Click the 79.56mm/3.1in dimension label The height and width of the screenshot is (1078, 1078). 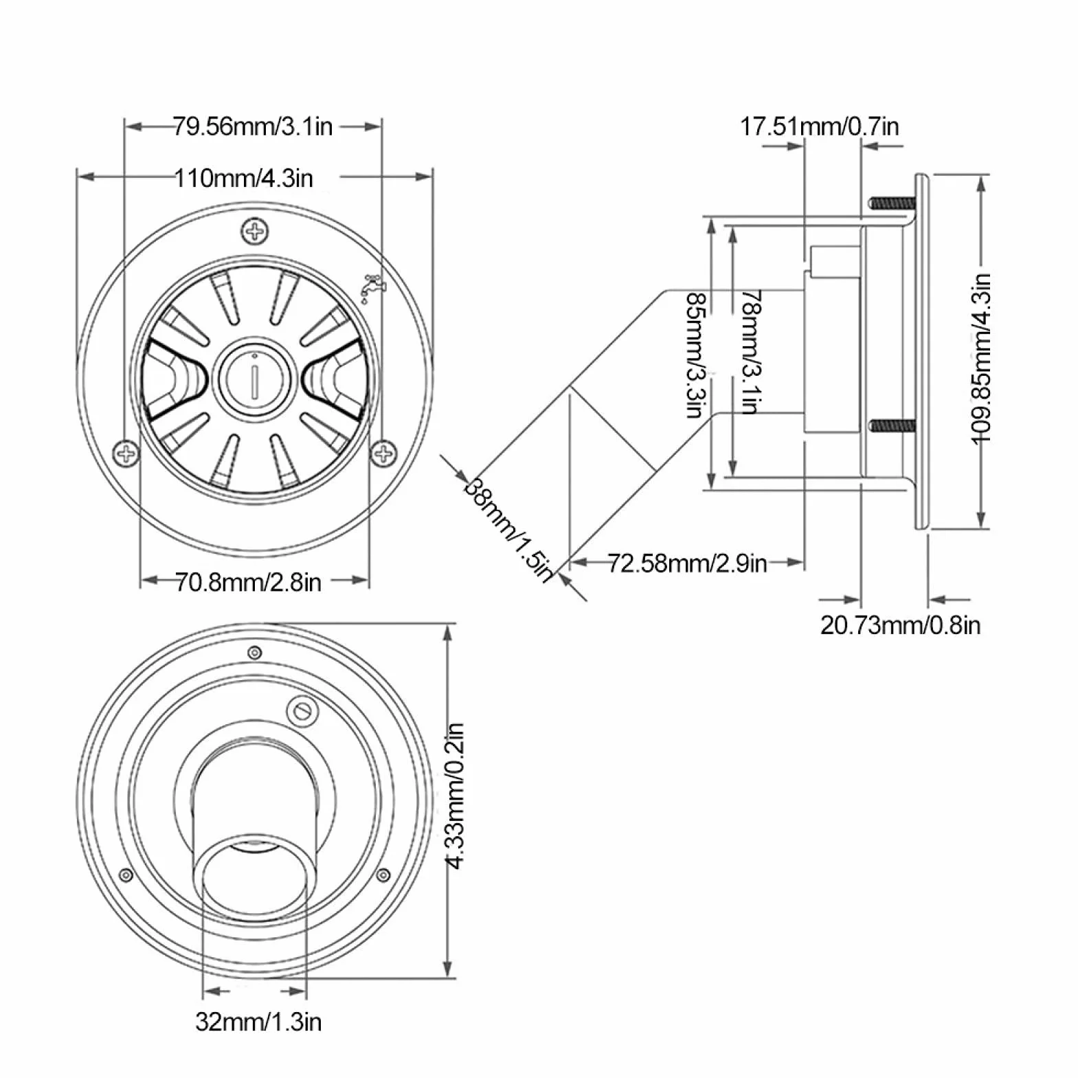tap(252, 126)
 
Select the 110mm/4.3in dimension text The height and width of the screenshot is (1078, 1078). tap(243, 178)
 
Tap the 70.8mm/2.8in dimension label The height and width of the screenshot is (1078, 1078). tap(248, 583)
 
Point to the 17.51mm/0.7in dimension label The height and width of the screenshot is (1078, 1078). tap(819, 126)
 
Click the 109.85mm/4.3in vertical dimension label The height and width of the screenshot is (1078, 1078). tap(982, 359)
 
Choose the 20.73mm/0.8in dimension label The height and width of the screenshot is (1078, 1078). tap(900, 625)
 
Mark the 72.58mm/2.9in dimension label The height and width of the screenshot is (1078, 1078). tap(687, 563)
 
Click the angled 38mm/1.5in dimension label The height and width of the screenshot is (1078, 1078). tap(509, 529)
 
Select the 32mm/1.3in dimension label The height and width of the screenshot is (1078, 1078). tap(258, 1022)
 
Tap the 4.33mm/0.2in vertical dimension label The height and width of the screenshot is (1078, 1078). tap(455, 796)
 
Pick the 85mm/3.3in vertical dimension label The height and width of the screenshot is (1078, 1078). tap(697, 355)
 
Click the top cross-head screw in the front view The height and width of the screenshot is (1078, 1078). tap(256, 232)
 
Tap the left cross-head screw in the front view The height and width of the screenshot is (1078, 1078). tap(126, 453)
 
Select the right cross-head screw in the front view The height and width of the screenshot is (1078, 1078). tap(383, 453)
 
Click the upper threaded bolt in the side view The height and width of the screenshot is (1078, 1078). tap(892, 203)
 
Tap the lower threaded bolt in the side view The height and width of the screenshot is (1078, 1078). tap(892, 426)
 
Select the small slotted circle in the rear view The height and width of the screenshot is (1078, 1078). tap(300, 710)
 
